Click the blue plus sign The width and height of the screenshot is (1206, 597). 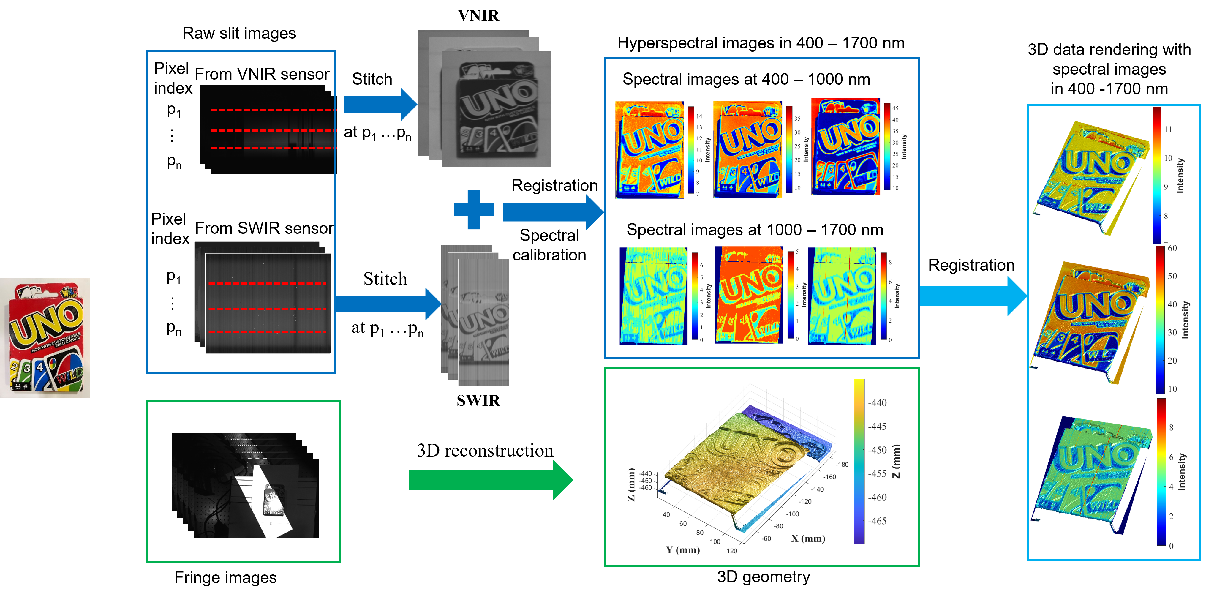pyautogui.click(x=474, y=209)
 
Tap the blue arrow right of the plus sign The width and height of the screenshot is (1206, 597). pyautogui.click(x=552, y=212)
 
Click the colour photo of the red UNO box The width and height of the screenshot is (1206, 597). pyautogui.click(x=45, y=338)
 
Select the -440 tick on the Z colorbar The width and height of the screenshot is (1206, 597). pyautogui.click(x=877, y=403)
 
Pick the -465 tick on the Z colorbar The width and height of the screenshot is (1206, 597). pyautogui.click(x=877, y=521)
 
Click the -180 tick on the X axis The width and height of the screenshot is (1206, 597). pyautogui.click(x=842, y=465)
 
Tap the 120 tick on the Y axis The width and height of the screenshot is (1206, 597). pyautogui.click(x=732, y=551)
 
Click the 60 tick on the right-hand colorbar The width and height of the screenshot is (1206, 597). pyautogui.click(x=1172, y=248)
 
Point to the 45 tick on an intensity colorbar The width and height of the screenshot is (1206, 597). pyautogui.click(x=895, y=108)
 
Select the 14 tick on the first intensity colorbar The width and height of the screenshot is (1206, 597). pyautogui.click(x=699, y=116)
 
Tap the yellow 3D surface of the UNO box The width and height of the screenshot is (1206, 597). pyautogui.click(x=730, y=464)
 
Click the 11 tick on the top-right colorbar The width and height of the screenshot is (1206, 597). pyautogui.click(x=1168, y=129)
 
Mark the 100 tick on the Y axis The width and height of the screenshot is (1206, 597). pyautogui.click(x=715, y=542)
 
